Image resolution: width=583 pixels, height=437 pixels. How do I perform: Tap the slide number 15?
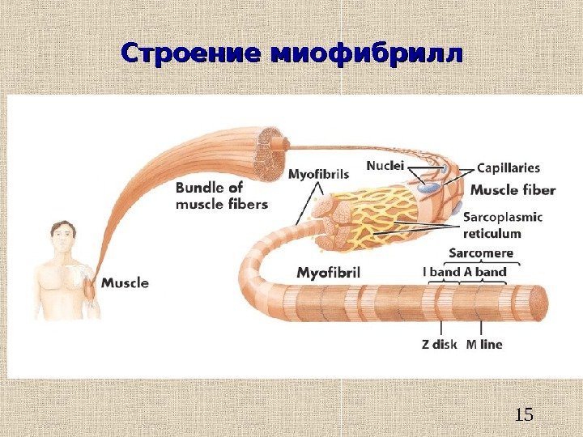pos(524,415)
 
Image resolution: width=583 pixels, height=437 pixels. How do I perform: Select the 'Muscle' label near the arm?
pos(125,283)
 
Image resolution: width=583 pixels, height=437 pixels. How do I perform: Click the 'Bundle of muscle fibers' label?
pos(221,196)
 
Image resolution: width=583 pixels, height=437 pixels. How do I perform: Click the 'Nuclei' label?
pos(385,166)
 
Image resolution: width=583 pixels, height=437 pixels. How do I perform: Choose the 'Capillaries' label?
pos(509,168)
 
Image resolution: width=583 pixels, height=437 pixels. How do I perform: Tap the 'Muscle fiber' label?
pos(513,191)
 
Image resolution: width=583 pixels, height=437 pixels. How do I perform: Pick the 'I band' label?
pos(441,272)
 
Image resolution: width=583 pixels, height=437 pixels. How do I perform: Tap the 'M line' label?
pos(484,344)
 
